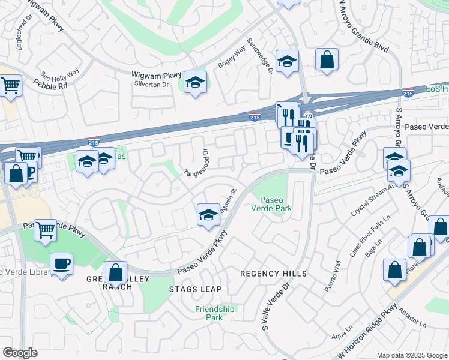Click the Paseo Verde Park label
point(276,205)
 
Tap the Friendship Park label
point(215,313)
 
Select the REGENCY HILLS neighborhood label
point(273,274)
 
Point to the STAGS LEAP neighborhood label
point(195,289)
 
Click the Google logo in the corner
point(20,353)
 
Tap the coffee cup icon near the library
point(62,263)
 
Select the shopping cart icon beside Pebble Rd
point(11,85)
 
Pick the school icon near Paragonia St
point(208,215)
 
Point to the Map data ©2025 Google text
point(412,355)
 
